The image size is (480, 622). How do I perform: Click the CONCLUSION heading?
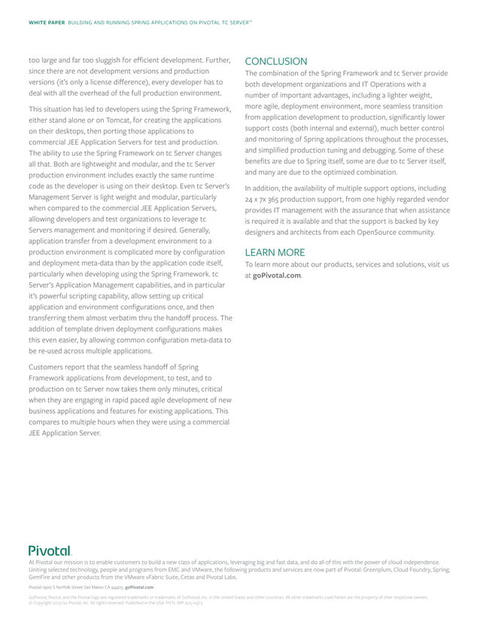pos(276,61)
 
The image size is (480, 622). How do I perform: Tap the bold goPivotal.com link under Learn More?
pos(277,276)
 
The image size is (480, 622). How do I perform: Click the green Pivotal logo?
pos(50,551)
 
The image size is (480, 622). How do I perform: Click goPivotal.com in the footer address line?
pos(139,587)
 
